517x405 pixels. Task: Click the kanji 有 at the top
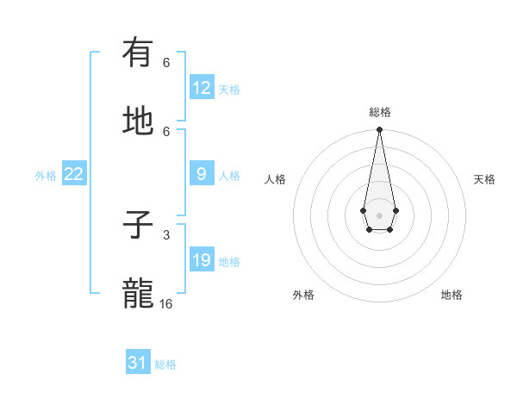(x=138, y=54)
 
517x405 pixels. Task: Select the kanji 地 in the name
(x=138, y=121)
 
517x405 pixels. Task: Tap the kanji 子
(x=138, y=227)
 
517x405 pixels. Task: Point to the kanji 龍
(x=138, y=294)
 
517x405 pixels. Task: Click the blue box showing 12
(x=202, y=87)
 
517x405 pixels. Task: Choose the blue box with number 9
(x=202, y=174)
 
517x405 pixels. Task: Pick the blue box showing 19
(x=202, y=260)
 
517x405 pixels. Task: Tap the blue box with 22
(x=73, y=174)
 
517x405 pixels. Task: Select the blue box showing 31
(x=138, y=363)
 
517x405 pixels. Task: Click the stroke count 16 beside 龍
(x=166, y=304)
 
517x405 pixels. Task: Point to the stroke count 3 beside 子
(x=166, y=234)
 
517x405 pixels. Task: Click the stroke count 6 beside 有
(x=166, y=63)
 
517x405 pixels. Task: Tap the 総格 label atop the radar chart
(x=380, y=112)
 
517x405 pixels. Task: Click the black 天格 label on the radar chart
(x=484, y=179)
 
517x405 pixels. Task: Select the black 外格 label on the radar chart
(x=303, y=295)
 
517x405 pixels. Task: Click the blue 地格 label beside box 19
(x=229, y=262)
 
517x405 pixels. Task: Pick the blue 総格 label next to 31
(x=165, y=364)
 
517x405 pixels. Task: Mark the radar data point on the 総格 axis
(x=379, y=130)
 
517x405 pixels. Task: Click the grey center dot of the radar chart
(x=379, y=214)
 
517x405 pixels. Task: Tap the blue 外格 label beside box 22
(x=46, y=176)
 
